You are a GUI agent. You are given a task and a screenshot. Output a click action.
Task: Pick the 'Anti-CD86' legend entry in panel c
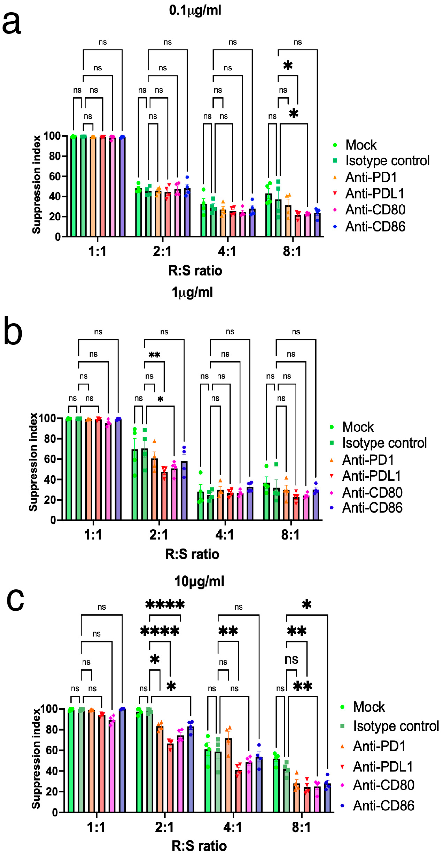(x=383, y=806)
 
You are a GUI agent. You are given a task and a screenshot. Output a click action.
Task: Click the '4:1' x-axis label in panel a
(x=227, y=251)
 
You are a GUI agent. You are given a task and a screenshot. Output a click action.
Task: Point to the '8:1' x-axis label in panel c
(x=301, y=827)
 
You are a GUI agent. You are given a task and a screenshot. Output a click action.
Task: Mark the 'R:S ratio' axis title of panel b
(x=192, y=554)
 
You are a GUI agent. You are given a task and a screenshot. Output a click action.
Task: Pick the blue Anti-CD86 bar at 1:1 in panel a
(x=122, y=186)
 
